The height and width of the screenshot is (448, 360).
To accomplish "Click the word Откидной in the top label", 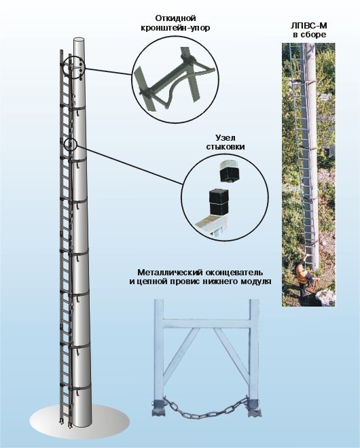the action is pos(175,18).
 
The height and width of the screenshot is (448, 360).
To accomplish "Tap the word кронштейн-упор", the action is pos(175,29).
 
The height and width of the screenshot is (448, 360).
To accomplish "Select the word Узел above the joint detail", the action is pos(226,138).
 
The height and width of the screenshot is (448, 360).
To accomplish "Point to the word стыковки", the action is pos(226,147).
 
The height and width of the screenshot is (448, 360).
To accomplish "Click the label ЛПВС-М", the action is pos(309,26).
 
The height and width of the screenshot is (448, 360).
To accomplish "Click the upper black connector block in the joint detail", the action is pos(230,173).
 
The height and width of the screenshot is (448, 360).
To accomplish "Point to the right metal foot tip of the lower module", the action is pos(254,410).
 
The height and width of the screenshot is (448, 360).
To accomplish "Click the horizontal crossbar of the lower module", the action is pos(206,324).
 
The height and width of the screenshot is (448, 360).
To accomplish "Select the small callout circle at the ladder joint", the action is pos(70,144).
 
